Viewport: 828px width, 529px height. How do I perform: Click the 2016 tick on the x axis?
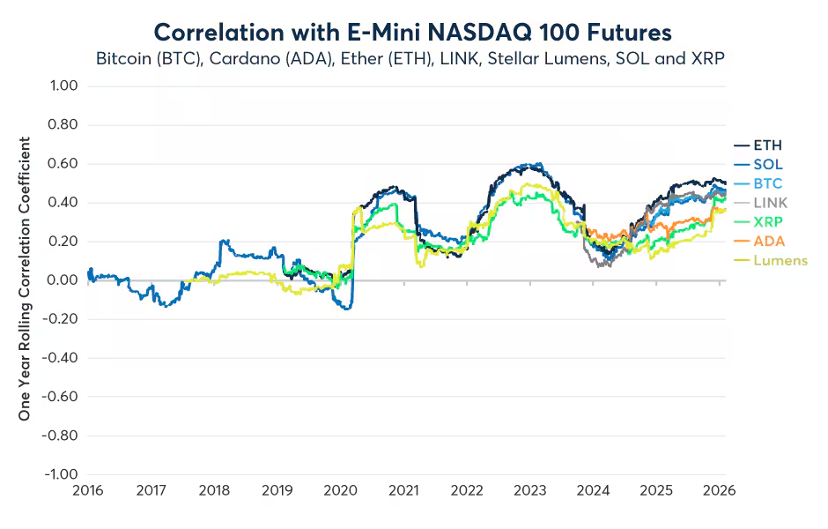86,490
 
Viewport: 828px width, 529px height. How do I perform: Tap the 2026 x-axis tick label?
719,490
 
